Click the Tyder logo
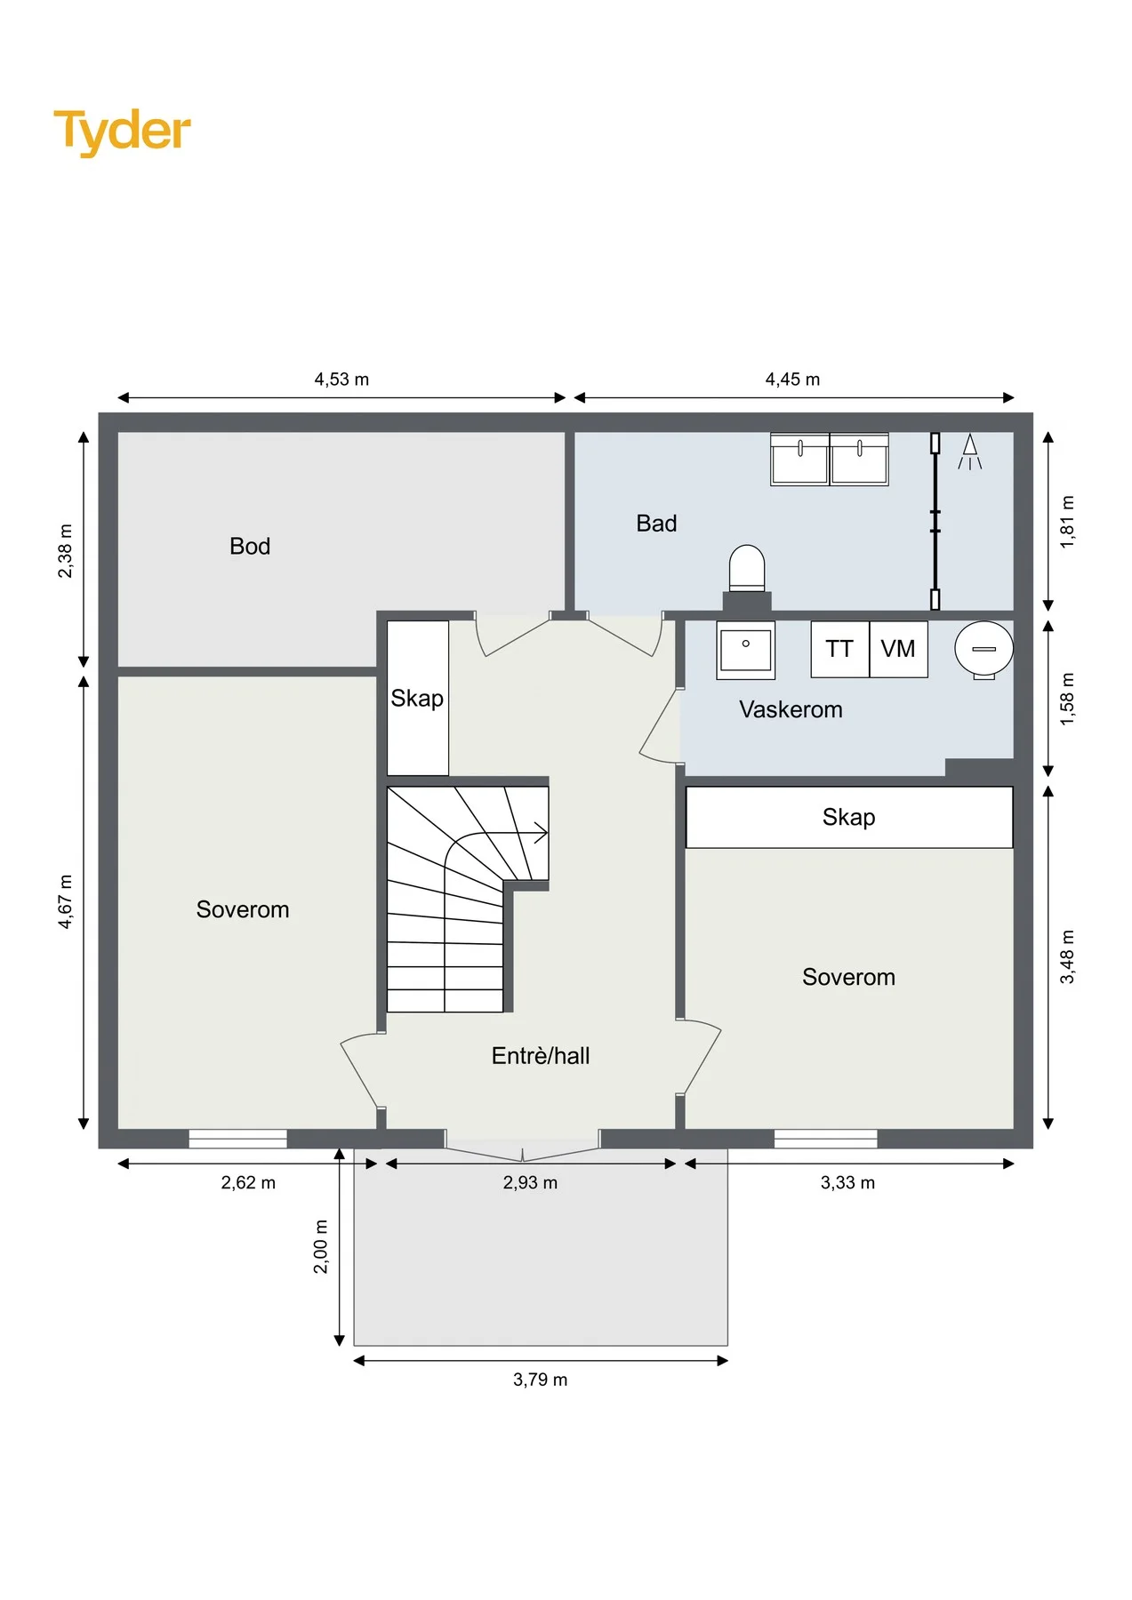(x=122, y=132)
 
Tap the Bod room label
(x=250, y=546)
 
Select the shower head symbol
(x=970, y=452)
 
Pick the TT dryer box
(x=839, y=649)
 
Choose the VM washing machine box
(x=898, y=649)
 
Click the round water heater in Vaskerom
(x=983, y=650)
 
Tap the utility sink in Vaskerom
(x=746, y=650)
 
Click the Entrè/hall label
(x=541, y=1056)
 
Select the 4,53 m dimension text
(x=341, y=380)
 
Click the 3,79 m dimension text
(x=540, y=1380)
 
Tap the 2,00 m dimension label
(x=321, y=1246)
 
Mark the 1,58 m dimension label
(x=1067, y=699)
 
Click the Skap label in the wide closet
(x=849, y=817)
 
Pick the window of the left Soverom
(x=237, y=1139)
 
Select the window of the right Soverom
(x=825, y=1139)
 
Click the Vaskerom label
(x=791, y=709)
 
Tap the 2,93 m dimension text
(x=530, y=1183)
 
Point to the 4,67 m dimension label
(x=66, y=901)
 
